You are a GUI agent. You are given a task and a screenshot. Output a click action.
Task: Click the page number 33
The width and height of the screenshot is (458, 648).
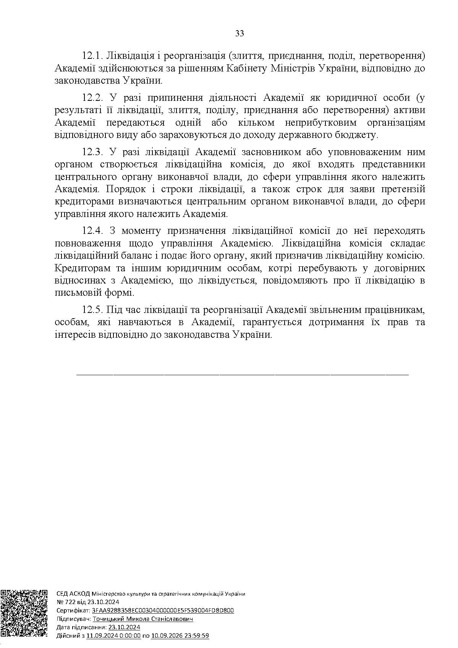[x=240, y=33]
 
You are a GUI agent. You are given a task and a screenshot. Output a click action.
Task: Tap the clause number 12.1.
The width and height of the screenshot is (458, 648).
[x=92, y=55]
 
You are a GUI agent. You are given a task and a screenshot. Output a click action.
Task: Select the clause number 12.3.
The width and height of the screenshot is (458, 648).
[x=92, y=152]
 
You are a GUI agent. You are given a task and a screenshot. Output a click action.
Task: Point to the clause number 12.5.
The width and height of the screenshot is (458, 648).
[x=92, y=309]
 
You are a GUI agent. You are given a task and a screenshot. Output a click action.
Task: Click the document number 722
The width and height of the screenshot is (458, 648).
[x=68, y=602]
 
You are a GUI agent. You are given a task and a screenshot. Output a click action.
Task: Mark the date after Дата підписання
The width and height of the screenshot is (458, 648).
[x=125, y=627]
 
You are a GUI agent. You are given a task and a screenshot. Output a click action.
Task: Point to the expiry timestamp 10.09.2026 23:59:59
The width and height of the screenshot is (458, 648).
[x=180, y=636]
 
